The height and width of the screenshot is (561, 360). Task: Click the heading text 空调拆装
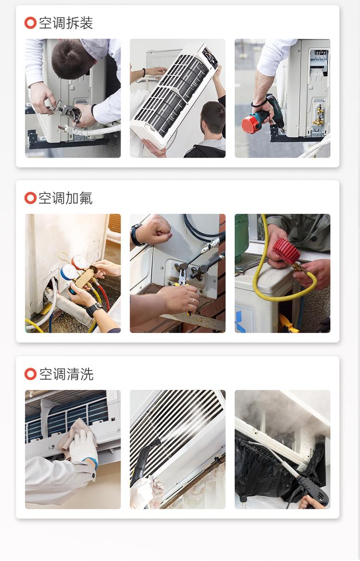(x=66, y=23)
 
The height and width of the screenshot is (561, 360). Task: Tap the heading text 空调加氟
(x=66, y=198)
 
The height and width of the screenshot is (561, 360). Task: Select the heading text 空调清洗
(x=66, y=374)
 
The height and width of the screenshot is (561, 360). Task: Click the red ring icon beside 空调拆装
(x=30, y=23)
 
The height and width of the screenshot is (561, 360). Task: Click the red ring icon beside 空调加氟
(x=30, y=198)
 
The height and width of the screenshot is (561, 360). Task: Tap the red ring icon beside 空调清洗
(x=30, y=374)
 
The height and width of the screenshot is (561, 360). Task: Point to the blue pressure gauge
(x=68, y=272)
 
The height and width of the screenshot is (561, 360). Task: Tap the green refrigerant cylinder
(x=241, y=238)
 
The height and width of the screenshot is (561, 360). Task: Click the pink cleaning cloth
(x=72, y=430)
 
